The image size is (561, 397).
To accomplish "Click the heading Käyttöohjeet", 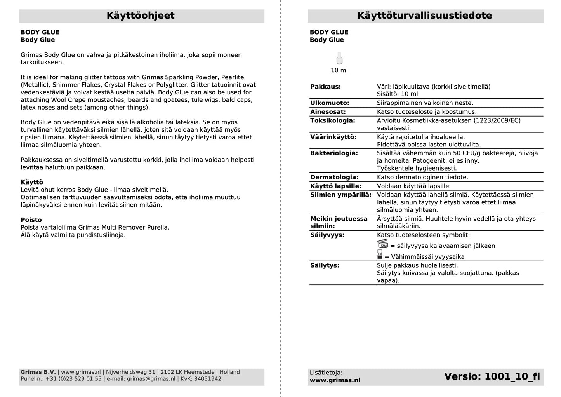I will coord(141,16).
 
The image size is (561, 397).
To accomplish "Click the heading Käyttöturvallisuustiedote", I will coord(425,16).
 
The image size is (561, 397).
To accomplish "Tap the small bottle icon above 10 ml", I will coord(339,58).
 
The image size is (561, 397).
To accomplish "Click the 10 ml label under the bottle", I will coord(339,70).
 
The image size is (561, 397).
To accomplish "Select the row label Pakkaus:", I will coord(325,87).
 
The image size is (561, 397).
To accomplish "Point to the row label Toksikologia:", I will coord(333,120).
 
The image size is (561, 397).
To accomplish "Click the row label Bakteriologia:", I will coord(334,153).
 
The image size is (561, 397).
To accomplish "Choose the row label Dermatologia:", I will coord(334,177).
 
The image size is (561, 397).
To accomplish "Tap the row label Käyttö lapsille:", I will coord(336,186).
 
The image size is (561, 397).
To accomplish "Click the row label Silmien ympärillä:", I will coord(340,195).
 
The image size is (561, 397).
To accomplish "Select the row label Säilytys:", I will coord(325,265).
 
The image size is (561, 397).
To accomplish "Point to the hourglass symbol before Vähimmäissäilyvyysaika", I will coord(380,255).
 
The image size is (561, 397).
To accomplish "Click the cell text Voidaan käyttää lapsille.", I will coord(414,186).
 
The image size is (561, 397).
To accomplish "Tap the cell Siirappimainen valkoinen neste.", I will coord(425,103).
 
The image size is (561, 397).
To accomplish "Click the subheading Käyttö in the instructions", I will coord(32,182).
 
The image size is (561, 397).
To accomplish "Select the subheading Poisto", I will coord(31,220).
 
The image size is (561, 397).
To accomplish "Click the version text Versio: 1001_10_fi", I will coord(492,376).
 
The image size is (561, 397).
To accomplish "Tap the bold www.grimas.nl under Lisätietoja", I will coord(335,380).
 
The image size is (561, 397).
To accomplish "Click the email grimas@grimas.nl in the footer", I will coord(151,379).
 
